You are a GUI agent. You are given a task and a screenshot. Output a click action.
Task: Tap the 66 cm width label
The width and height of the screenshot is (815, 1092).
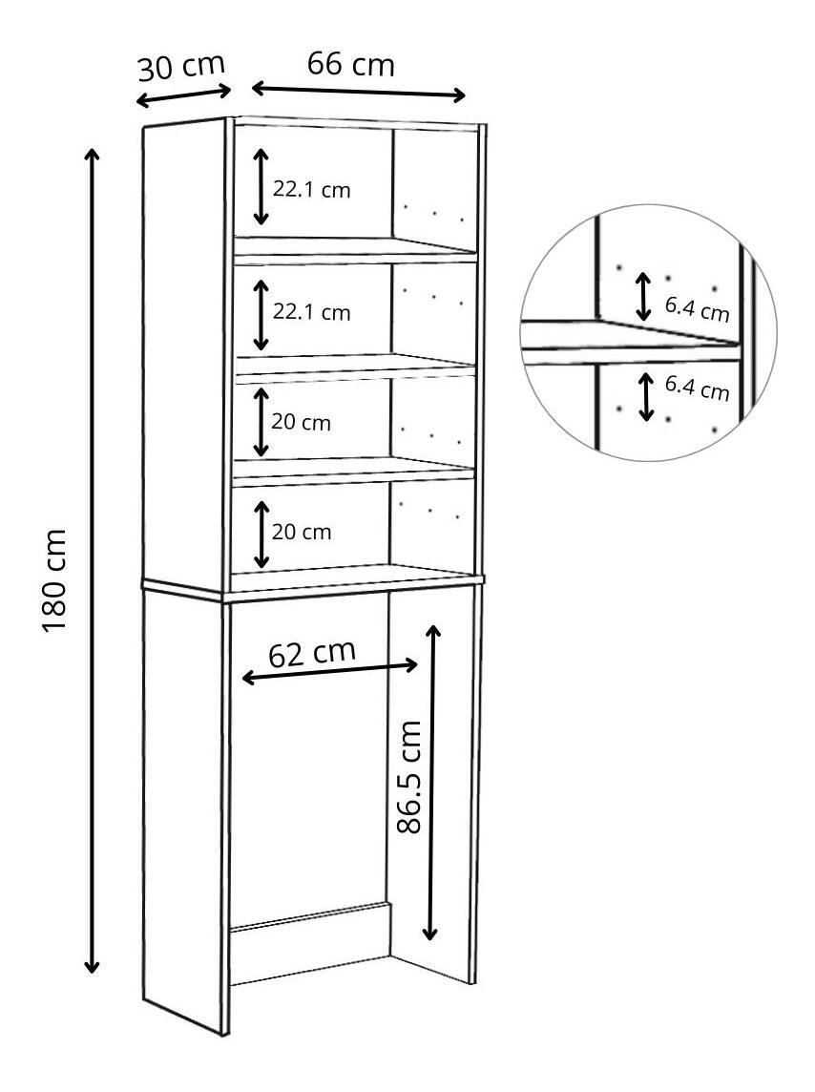(x=350, y=64)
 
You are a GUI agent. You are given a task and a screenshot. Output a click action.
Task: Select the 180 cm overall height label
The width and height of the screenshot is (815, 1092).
(x=54, y=579)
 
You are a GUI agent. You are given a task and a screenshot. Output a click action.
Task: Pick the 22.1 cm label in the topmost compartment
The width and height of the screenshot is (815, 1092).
(x=312, y=190)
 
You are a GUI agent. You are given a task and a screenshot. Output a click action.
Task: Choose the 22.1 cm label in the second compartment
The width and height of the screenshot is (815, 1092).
(x=312, y=312)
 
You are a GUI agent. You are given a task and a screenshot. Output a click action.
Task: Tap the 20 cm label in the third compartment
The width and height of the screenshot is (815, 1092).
(x=302, y=422)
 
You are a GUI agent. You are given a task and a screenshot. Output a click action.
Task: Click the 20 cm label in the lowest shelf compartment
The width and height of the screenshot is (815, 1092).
(x=302, y=532)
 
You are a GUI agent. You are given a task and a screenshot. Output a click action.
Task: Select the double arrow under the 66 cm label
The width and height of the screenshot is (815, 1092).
(x=358, y=92)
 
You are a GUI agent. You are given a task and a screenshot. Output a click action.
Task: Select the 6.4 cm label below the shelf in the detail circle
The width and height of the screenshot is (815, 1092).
(x=697, y=387)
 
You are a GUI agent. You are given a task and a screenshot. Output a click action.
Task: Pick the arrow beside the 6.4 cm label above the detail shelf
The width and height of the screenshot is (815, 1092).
(x=644, y=296)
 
